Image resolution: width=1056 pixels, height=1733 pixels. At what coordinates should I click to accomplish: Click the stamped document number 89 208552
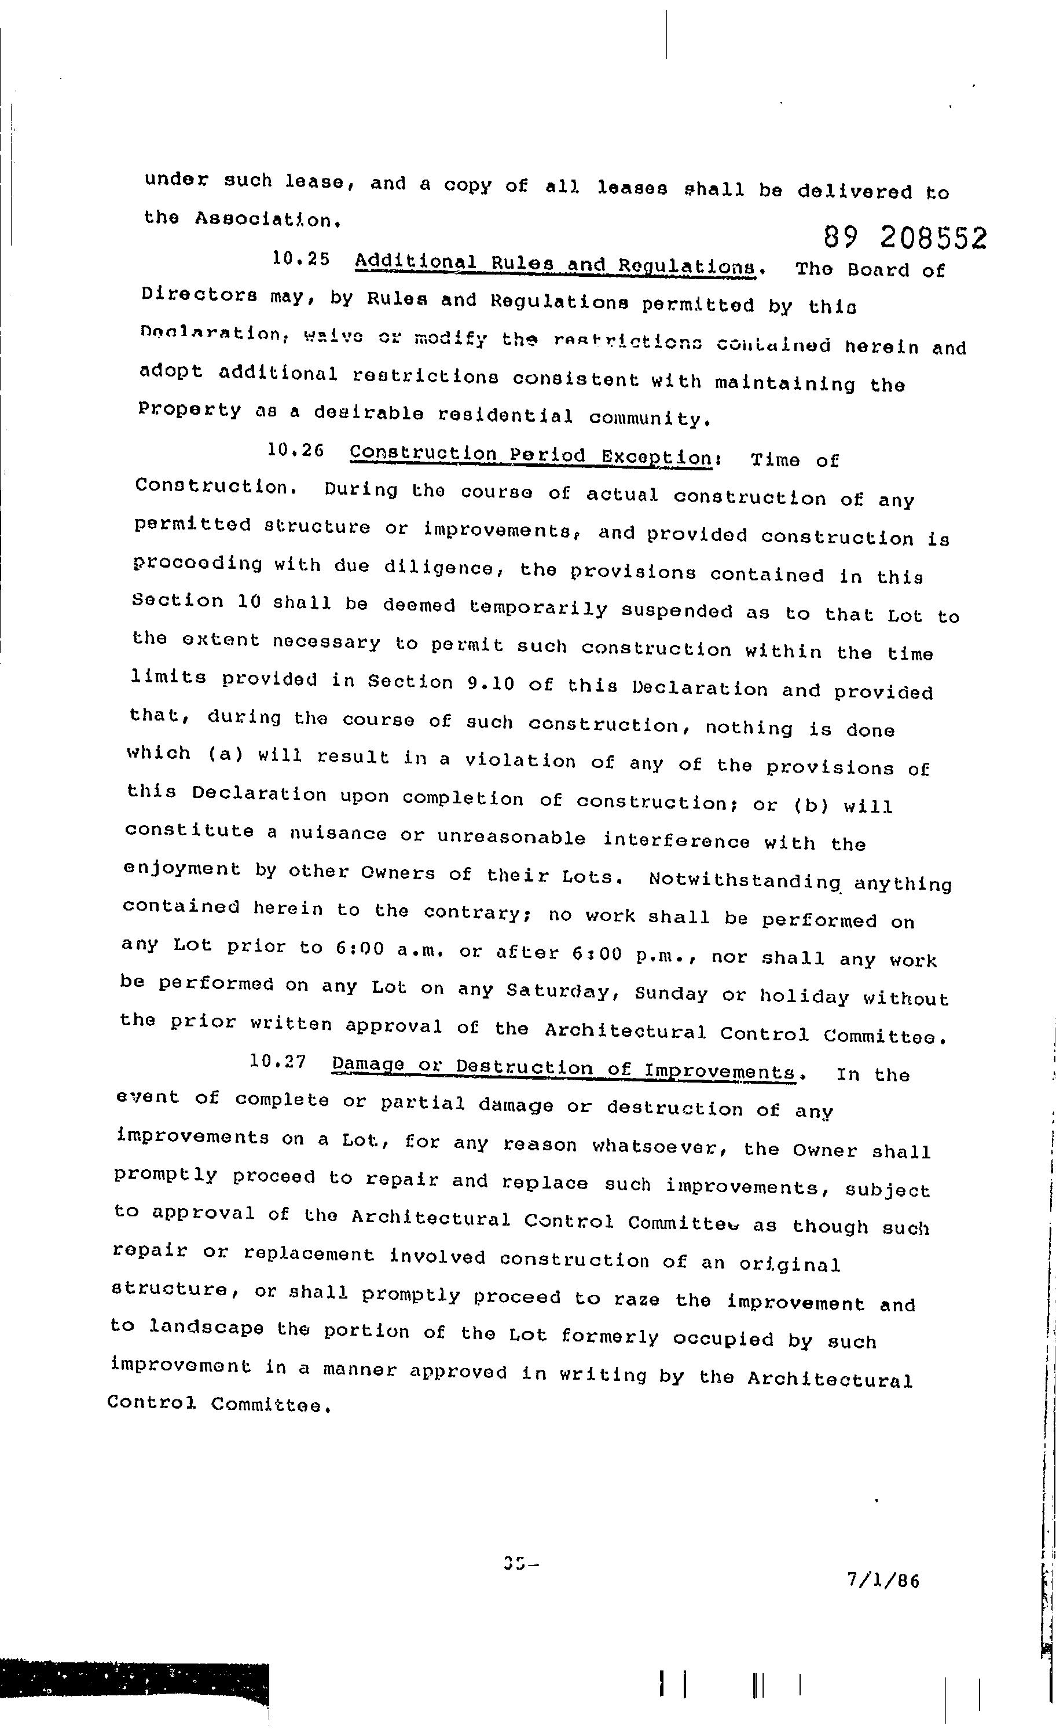(x=905, y=239)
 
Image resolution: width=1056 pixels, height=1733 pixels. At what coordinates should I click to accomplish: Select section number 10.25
(x=300, y=259)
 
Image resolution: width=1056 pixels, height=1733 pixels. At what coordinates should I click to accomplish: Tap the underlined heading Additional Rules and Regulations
(x=555, y=265)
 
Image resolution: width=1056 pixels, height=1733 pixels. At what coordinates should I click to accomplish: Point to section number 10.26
(x=295, y=451)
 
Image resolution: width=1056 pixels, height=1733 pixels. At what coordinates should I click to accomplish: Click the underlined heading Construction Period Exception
(x=531, y=456)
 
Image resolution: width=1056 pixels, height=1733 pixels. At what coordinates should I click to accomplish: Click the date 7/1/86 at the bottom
(x=883, y=1581)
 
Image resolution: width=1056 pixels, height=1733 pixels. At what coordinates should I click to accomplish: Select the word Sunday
(x=671, y=994)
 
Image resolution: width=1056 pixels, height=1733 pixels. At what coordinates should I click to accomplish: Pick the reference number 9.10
(x=491, y=682)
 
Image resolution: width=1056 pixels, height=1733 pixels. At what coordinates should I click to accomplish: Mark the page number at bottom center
(x=520, y=1562)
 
